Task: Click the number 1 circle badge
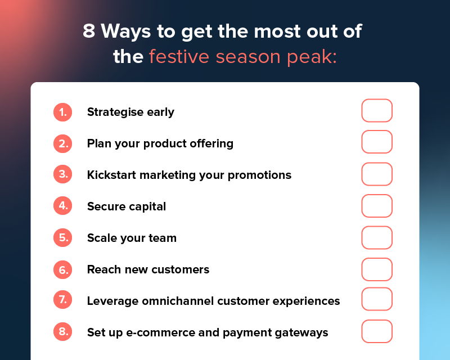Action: [62, 112]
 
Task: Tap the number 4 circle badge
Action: [62, 206]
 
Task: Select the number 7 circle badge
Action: [62, 301]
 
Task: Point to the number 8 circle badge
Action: [62, 332]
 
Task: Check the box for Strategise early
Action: [376, 111]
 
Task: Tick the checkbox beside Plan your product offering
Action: [376, 142]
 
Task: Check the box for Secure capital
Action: [376, 206]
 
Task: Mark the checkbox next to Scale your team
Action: [376, 237]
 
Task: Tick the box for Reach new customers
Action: [376, 269]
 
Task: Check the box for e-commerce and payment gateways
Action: [376, 331]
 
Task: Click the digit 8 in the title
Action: [89, 31]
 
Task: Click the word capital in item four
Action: [147, 207]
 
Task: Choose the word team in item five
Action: [163, 238]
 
